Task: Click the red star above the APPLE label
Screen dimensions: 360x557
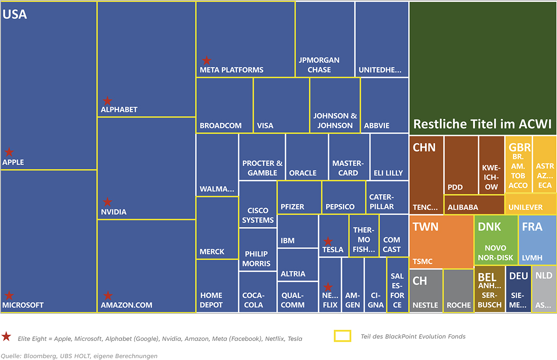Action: [9, 152]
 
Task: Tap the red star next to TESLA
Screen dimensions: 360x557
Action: [328, 241]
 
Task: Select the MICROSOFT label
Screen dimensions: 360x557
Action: [23, 305]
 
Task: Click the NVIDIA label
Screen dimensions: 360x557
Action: [114, 212]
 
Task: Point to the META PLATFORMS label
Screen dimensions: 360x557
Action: [232, 70]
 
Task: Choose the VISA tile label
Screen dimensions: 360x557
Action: [265, 125]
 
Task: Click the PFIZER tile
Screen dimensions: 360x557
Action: [292, 206]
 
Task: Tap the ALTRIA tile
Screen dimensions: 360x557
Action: [293, 274]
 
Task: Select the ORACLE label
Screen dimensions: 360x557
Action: [303, 173]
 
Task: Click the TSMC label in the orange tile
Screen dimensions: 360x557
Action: [422, 262]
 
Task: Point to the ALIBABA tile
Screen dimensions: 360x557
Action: [463, 207]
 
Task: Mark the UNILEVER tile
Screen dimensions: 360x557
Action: [525, 207]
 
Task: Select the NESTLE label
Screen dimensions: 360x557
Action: [426, 305]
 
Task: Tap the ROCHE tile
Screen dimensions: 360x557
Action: [459, 305]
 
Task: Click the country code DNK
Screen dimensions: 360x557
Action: [489, 228]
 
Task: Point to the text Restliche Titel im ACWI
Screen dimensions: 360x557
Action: [482, 124]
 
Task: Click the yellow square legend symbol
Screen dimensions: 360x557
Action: [343, 336]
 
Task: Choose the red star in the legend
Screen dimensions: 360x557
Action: [6, 337]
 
